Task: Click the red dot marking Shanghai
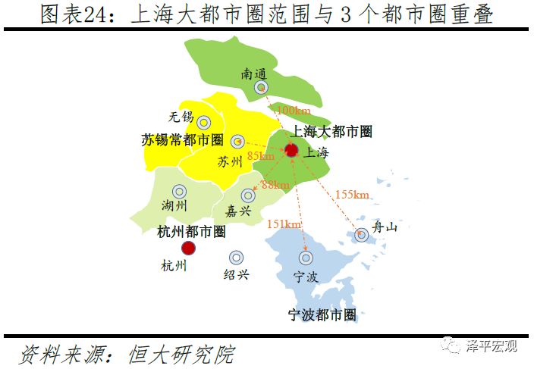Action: point(291,150)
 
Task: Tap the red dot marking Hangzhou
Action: point(188,248)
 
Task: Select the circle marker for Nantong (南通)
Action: point(260,88)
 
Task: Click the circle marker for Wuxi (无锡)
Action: point(203,122)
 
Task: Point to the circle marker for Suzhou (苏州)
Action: point(237,142)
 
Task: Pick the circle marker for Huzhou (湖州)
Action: point(179,192)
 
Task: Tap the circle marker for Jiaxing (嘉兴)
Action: point(247,195)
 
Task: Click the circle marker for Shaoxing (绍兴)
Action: point(237,258)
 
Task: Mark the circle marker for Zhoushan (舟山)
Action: point(362,236)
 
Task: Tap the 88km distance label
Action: point(275,185)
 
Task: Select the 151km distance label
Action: point(284,224)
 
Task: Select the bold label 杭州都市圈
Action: point(191,231)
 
